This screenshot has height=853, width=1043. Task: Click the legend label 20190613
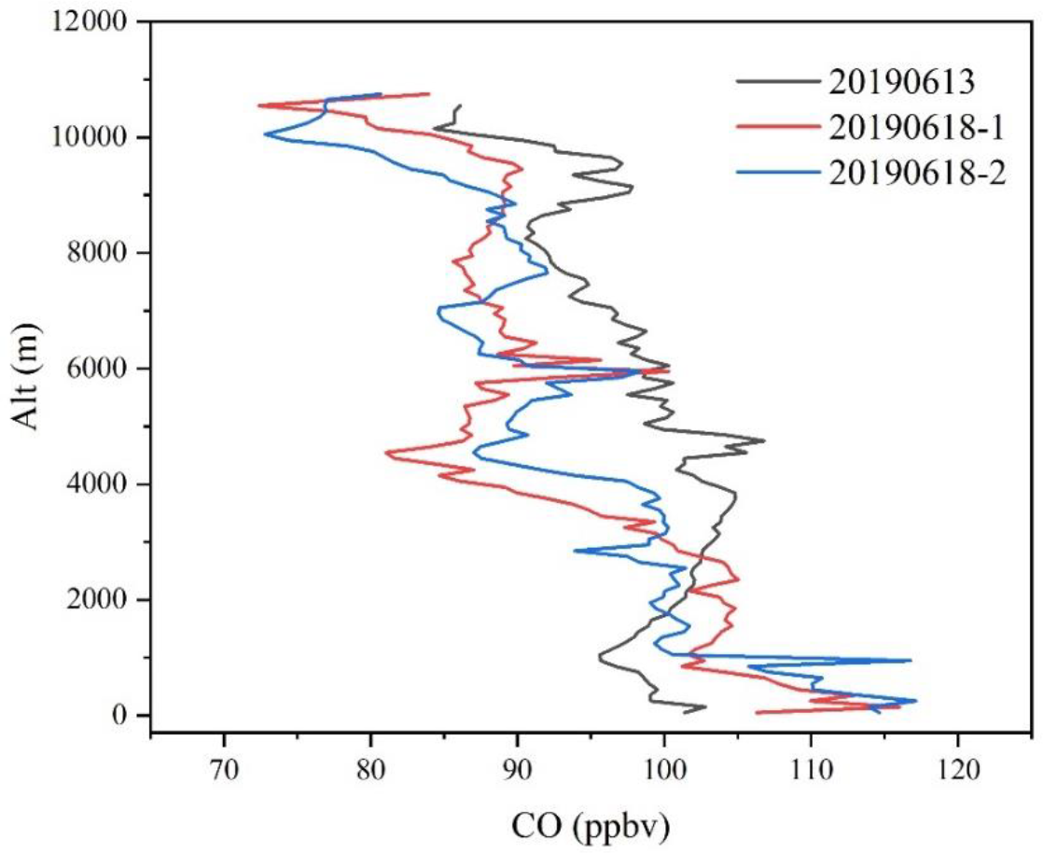901,82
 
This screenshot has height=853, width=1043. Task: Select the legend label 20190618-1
918,127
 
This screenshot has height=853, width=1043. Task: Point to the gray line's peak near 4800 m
764,440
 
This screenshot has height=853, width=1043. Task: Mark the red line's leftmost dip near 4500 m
385,454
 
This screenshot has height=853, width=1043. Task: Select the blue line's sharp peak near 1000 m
911,661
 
